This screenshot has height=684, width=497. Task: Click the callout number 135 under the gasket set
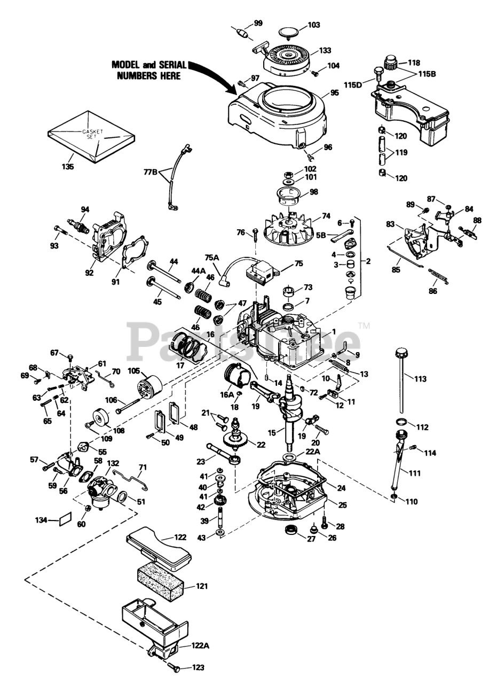(68, 166)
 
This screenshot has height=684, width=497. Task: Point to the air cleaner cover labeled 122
(159, 544)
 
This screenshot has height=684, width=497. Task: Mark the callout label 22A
(312, 452)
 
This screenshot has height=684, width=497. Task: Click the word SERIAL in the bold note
(170, 65)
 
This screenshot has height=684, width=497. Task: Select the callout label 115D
(353, 84)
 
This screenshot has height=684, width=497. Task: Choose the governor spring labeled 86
(438, 277)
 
